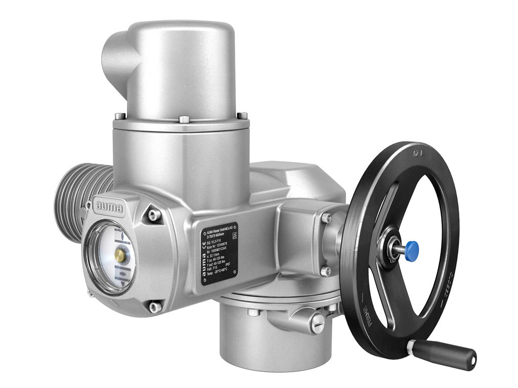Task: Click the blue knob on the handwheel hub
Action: pos(412,248)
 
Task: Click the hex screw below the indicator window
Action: pos(152,306)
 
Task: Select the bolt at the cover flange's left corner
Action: pos(118,116)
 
